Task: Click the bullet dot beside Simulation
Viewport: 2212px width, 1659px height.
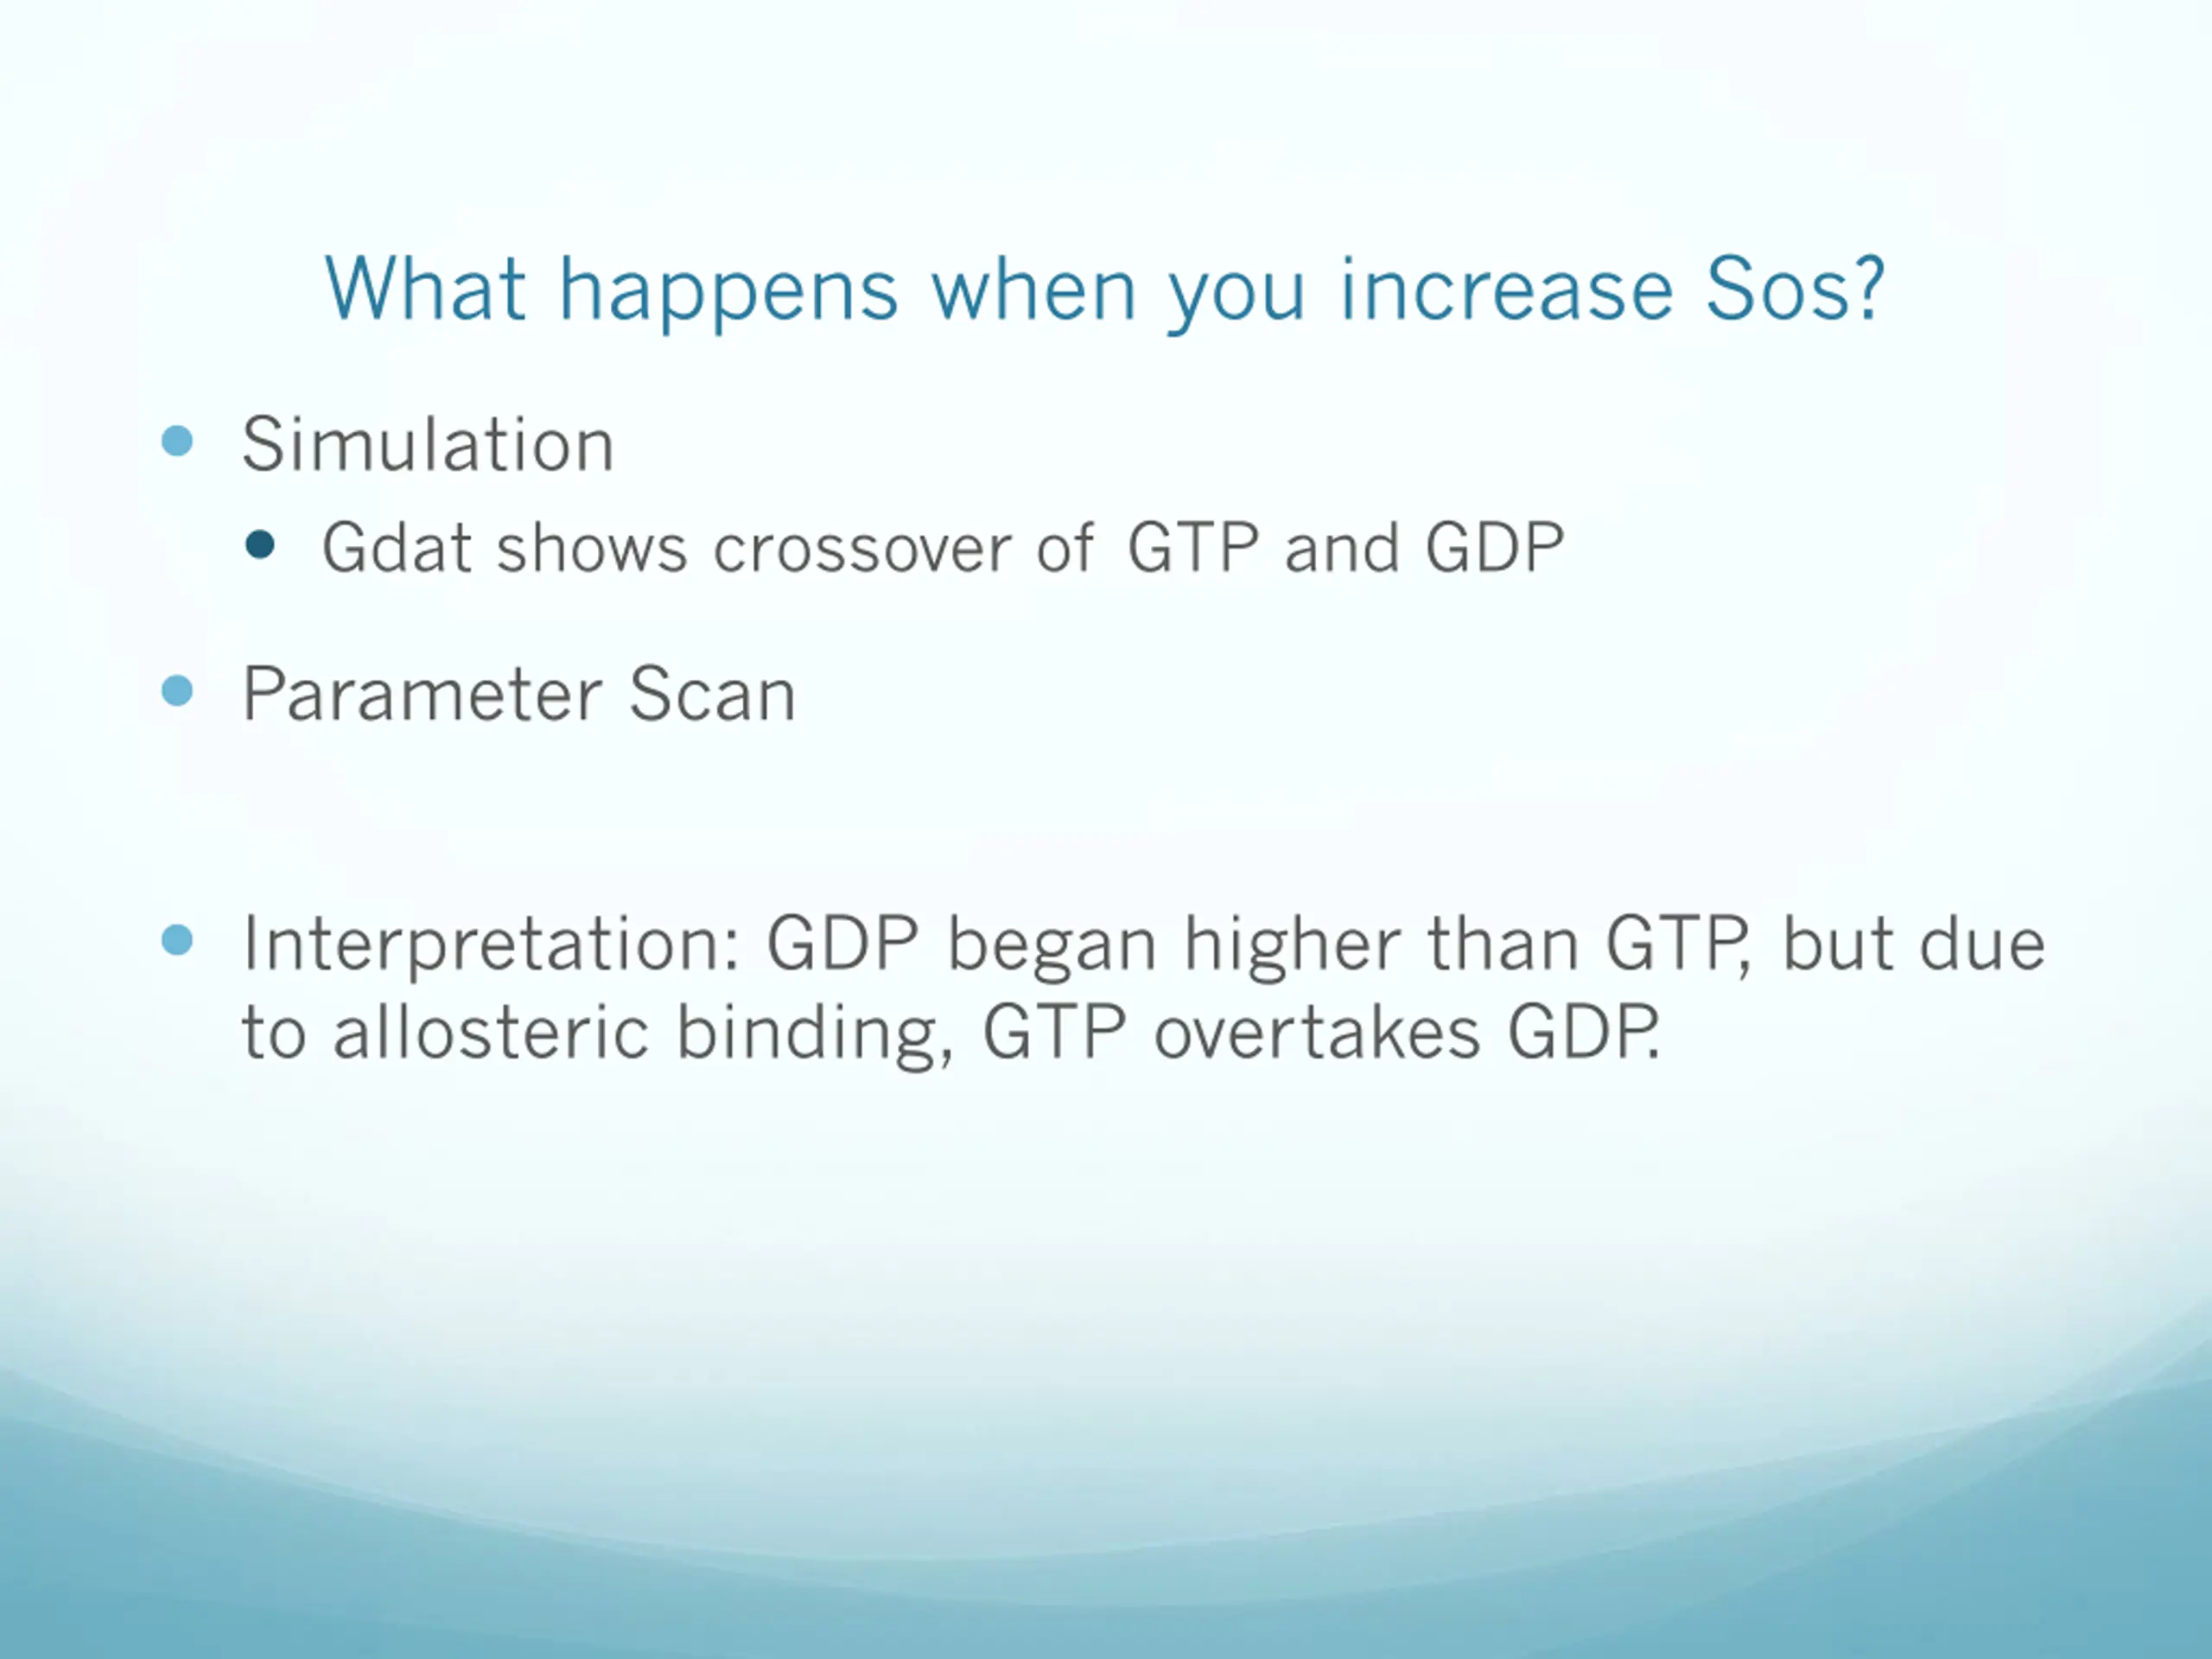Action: pos(177,441)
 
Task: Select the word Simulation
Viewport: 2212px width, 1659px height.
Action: pos(428,444)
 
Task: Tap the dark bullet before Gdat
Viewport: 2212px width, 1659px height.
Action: pos(260,545)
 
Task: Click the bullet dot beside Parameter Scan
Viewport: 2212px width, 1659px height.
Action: pos(177,691)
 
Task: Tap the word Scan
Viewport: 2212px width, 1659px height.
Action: pos(712,694)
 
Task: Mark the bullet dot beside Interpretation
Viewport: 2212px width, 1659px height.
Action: pos(177,940)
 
